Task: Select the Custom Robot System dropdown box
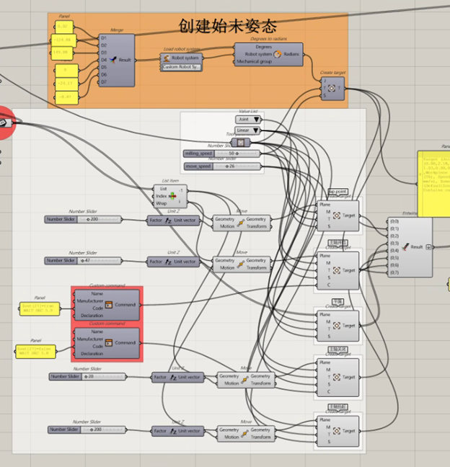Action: pos(182,67)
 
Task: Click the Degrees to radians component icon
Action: pos(276,54)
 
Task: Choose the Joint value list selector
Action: pos(249,120)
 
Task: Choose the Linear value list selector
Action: pos(248,131)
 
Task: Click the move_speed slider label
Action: pos(198,166)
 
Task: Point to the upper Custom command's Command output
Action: pos(125,305)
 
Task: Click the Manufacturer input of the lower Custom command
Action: pos(89,339)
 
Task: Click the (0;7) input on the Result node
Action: pos(394,273)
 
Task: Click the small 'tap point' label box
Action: pos(337,192)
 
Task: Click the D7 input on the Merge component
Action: pos(104,81)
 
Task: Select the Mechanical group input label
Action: pos(253,62)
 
